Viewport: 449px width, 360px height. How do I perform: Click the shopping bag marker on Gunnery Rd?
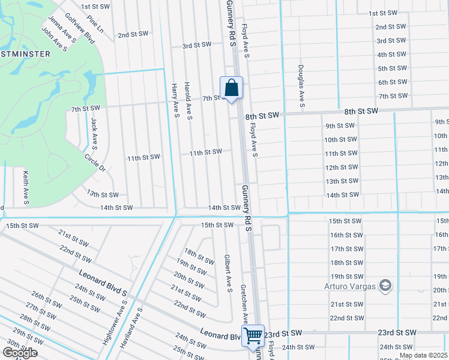pos(231,89)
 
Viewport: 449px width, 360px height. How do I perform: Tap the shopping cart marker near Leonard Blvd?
pos(253,335)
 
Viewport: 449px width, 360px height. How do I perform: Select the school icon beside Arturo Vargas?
pos(385,286)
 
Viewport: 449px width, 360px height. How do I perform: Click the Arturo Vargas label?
pos(349,286)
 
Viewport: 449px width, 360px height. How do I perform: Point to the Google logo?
pos(20,352)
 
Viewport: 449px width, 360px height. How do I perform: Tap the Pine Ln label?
pos(95,25)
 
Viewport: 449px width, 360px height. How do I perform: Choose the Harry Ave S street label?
pos(175,100)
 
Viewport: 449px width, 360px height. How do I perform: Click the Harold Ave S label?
pos(188,100)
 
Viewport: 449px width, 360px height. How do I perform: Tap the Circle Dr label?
pos(95,163)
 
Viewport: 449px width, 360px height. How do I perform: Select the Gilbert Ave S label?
pos(228,272)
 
